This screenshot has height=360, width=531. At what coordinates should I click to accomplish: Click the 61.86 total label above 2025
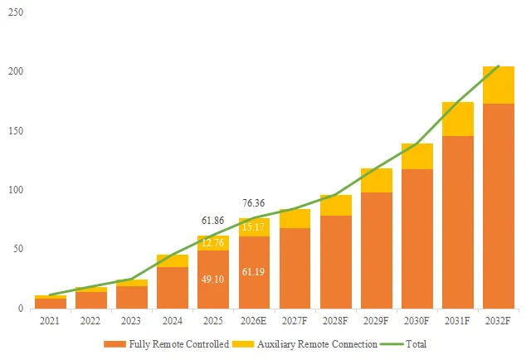point(212,221)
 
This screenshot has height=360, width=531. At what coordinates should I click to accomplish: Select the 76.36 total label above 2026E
point(253,203)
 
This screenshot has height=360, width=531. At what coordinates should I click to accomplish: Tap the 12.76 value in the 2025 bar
point(212,243)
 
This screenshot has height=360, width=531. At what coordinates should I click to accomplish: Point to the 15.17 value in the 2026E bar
point(253,227)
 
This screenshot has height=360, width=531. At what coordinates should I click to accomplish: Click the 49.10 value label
point(212,280)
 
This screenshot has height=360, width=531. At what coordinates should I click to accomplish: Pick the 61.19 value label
point(253,271)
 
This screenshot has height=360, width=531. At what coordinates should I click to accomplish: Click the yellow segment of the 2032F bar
point(499,85)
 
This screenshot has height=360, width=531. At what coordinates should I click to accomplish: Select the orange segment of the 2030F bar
point(417,239)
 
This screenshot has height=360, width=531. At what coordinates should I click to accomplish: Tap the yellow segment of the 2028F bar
point(336,205)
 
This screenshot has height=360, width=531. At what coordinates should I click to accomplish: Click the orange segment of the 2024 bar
point(173,288)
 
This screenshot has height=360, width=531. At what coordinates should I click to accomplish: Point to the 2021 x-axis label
point(50,321)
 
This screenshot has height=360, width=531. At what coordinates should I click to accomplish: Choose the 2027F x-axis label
point(295,321)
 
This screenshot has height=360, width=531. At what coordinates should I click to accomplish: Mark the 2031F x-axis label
point(457,321)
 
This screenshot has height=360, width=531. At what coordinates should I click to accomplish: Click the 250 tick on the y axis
point(16,12)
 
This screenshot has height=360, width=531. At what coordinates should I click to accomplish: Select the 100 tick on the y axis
point(16,190)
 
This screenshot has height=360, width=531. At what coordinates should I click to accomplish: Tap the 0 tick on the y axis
point(21,309)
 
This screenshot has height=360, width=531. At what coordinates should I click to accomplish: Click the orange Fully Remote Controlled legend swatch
point(114,344)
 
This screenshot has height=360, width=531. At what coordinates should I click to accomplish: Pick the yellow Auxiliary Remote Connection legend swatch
point(243,344)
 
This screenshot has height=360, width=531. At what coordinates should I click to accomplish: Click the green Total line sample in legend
point(392,344)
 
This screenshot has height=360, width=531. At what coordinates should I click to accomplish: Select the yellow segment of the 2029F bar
point(377,181)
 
